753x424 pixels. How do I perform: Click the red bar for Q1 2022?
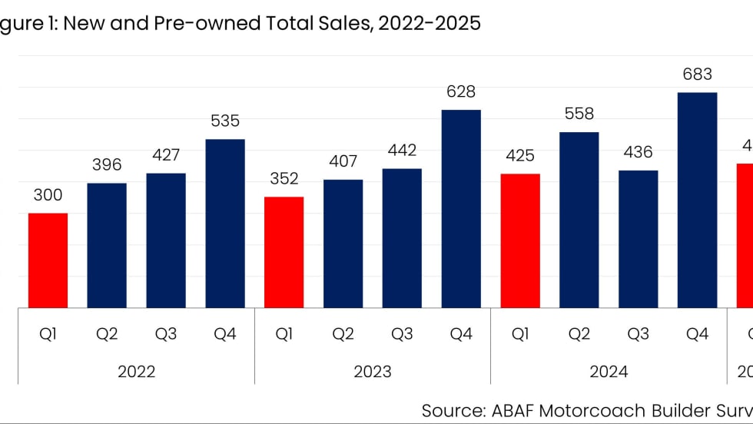click(48, 260)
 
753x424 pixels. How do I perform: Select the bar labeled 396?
click(107, 245)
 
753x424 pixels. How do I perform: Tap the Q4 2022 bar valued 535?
click(225, 224)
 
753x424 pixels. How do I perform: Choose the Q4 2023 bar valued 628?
click(461, 209)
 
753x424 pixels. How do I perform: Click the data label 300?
click(48, 195)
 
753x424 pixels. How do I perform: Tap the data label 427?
click(166, 155)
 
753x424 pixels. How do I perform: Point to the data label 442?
click(402, 151)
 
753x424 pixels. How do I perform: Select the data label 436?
click(638, 152)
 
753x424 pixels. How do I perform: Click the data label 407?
click(343, 162)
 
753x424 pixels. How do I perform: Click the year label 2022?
click(136, 372)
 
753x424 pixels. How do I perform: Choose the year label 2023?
click(372, 372)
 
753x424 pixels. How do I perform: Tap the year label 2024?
click(609, 372)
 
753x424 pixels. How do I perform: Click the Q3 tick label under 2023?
click(402, 335)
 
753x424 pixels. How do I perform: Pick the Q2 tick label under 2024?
click(579, 335)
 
